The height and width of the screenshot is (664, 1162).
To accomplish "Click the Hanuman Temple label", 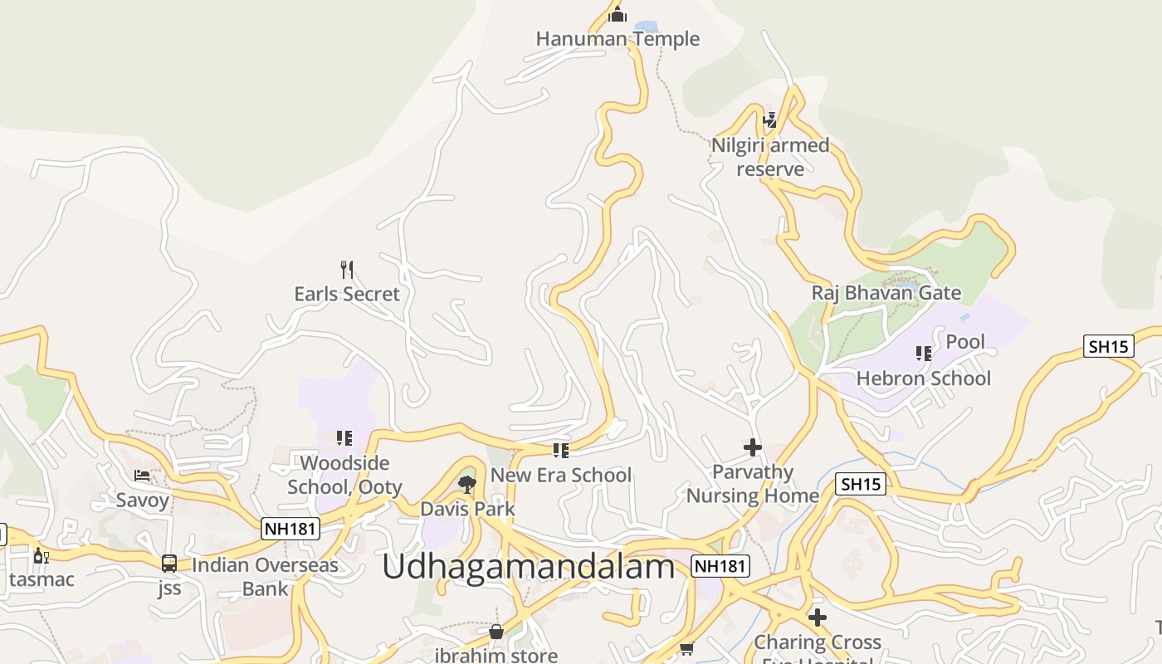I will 618,39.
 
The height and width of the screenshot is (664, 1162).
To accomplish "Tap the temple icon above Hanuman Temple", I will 618,15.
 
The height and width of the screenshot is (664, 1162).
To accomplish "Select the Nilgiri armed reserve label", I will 770,157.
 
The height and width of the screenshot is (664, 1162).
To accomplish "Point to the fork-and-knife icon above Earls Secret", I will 347,269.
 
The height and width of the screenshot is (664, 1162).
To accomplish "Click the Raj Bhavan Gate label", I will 886,293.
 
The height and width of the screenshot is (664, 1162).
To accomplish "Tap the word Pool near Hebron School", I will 965,341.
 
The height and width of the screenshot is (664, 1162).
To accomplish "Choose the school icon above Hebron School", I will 923,354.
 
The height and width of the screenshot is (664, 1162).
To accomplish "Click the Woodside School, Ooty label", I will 344,475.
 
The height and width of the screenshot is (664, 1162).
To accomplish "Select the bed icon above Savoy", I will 143,476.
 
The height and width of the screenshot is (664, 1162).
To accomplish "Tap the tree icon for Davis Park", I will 467,484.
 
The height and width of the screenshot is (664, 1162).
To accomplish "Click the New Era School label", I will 561,476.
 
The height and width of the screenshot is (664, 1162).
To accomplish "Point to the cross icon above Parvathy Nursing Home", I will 753,447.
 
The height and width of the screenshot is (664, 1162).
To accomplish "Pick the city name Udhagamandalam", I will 528,567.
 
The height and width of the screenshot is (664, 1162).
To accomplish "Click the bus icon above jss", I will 169,564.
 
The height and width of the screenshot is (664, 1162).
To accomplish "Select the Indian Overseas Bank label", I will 265,577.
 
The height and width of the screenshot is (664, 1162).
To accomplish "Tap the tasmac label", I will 41,579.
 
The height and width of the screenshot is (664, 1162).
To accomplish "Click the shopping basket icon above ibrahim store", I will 496,632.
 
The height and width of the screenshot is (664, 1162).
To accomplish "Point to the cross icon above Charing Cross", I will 818,618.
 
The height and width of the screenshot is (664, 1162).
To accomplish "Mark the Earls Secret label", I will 347,294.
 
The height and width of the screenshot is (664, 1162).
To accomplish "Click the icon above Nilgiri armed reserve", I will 770,120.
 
